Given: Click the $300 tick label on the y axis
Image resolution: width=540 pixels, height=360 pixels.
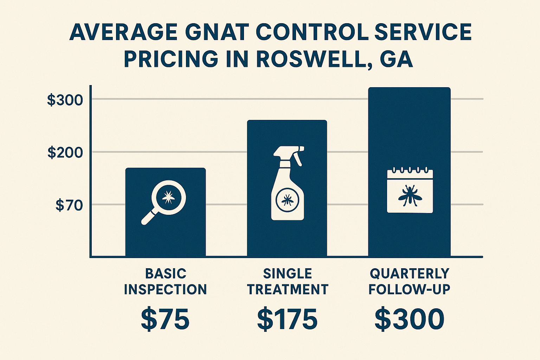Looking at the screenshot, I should (x=65, y=100).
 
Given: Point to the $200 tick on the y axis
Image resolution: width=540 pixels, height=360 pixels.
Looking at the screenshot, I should (x=65, y=153).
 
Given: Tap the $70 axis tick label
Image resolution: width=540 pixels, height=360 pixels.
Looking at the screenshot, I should (x=69, y=205).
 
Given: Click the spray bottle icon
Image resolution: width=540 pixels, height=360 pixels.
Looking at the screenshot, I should (x=288, y=183).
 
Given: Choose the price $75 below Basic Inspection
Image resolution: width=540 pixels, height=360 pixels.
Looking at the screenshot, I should (x=165, y=320).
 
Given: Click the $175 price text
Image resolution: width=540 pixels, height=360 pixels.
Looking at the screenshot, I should (x=287, y=320).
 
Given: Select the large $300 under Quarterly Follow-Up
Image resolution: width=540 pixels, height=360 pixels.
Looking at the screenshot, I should (x=410, y=320).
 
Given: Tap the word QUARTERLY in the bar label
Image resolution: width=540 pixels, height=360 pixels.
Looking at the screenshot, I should (x=410, y=274).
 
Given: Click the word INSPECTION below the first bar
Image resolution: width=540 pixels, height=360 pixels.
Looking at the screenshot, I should (x=165, y=290).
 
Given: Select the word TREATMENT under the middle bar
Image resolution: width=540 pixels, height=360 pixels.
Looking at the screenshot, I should (x=288, y=290).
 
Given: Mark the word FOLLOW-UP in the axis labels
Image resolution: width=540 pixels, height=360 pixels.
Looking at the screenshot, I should (x=410, y=290).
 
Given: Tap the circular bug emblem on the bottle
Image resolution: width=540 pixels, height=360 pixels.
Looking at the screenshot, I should (x=288, y=200).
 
